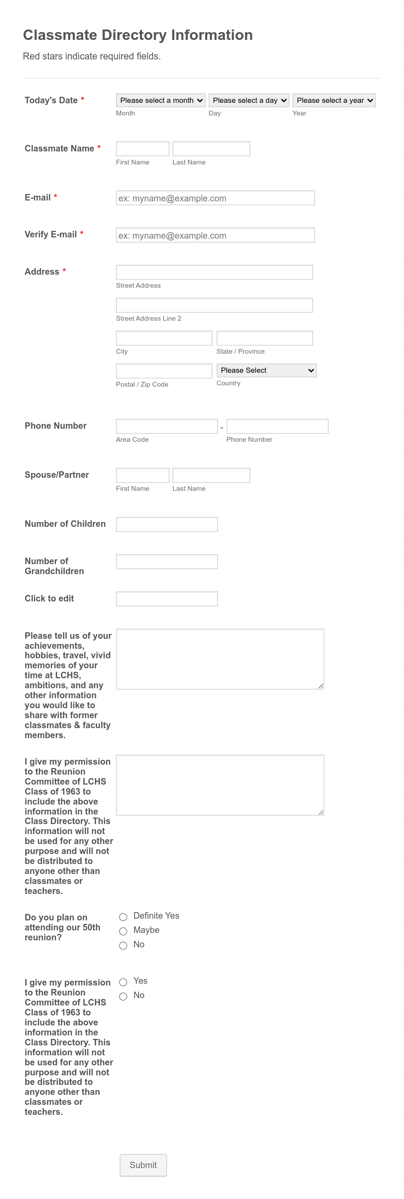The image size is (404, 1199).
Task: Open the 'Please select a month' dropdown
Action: coord(160,100)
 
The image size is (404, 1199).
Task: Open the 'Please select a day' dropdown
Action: coord(249,100)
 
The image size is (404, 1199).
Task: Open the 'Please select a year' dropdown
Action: coord(334,100)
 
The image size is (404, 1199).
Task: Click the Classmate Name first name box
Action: coord(142,149)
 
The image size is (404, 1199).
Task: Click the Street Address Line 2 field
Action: coord(214,305)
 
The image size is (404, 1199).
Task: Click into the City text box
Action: coord(164,338)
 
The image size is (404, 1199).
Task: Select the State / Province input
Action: coord(264,338)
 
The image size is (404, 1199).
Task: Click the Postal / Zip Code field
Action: coord(164,371)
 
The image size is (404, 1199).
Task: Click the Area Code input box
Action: coord(166,426)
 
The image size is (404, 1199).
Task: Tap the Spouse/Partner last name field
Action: coord(211,475)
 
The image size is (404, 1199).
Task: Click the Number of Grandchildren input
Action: coord(166,562)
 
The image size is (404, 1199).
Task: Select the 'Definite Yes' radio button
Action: coord(123,916)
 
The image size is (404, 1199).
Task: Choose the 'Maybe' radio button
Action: coord(123,931)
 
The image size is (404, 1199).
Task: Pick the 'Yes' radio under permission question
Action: coord(123,982)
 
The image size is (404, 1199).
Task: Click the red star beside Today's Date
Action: coord(83,99)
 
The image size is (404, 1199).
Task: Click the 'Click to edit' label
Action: coord(49,598)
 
